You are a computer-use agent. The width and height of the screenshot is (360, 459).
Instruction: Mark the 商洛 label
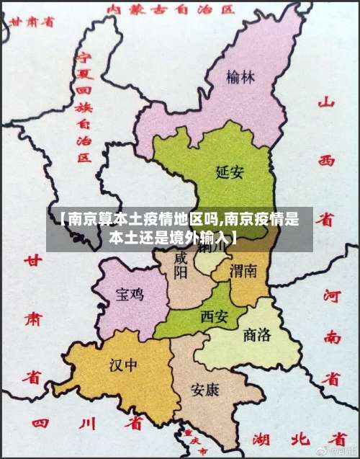258,334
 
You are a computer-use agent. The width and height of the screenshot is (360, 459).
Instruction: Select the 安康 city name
205,389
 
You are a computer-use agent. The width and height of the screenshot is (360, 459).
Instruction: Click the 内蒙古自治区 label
171,9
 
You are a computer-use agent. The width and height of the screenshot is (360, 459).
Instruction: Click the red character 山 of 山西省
328,103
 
